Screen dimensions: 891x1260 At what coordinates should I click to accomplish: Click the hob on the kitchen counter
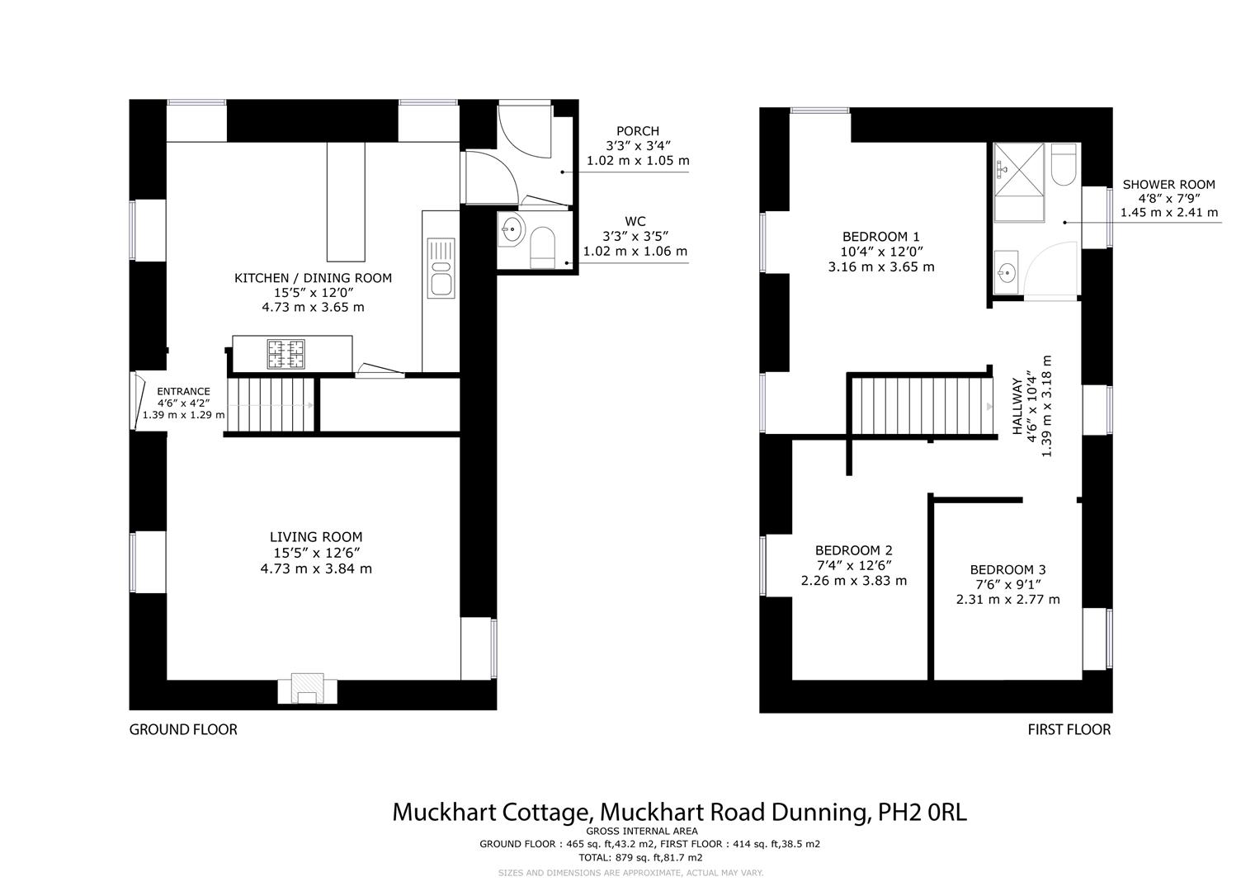(x=286, y=354)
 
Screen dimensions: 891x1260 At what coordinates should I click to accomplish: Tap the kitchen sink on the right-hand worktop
(x=441, y=268)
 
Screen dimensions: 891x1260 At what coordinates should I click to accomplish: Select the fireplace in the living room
(x=308, y=689)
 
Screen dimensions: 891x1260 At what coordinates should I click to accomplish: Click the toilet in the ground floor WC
(x=542, y=248)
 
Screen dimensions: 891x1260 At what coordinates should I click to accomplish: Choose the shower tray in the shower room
(x=1019, y=181)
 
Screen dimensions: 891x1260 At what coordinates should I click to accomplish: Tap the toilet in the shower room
(x=1063, y=165)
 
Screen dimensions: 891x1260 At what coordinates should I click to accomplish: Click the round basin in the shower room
(x=1006, y=273)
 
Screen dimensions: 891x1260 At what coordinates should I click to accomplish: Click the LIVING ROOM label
(x=315, y=537)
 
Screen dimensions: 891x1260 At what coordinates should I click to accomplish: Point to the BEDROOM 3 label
(x=1008, y=569)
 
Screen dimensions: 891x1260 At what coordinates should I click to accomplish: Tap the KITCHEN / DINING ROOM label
(x=313, y=278)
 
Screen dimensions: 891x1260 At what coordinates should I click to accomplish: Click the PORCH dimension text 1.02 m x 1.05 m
(x=638, y=161)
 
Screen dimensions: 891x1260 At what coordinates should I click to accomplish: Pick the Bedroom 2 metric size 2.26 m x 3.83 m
(x=853, y=581)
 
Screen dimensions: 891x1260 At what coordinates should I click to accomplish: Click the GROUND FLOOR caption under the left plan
(x=183, y=729)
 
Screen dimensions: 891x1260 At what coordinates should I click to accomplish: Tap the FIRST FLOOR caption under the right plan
(x=1069, y=729)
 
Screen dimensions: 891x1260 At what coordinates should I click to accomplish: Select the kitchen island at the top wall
(x=346, y=201)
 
